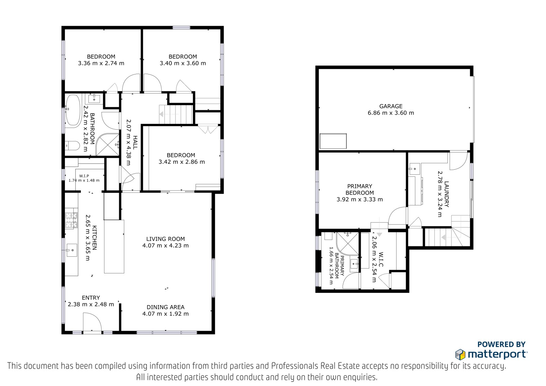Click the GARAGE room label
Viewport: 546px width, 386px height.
coord(391,106)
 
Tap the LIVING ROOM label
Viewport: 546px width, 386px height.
coord(166,239)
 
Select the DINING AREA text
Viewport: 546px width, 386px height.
coord(166,307)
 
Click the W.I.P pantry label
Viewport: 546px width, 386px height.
coord(84,176)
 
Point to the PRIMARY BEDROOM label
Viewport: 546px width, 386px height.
coord(360,189)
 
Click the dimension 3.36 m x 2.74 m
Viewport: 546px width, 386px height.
coord(101,63)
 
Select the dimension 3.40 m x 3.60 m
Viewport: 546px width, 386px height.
coord(183,63)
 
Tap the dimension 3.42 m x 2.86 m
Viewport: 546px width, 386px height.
coord(182,162)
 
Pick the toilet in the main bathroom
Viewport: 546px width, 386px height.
coord(73,146)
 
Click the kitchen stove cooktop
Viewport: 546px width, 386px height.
coord(71,220)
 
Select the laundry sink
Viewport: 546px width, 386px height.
coord(414,169)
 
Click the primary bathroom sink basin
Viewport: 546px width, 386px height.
coord(354,264)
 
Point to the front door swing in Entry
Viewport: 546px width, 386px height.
coord(92,322)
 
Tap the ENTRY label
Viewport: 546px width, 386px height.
coord(91,298)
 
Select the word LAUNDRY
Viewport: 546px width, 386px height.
coord(447,194)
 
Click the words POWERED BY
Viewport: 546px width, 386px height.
coord(501,344)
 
